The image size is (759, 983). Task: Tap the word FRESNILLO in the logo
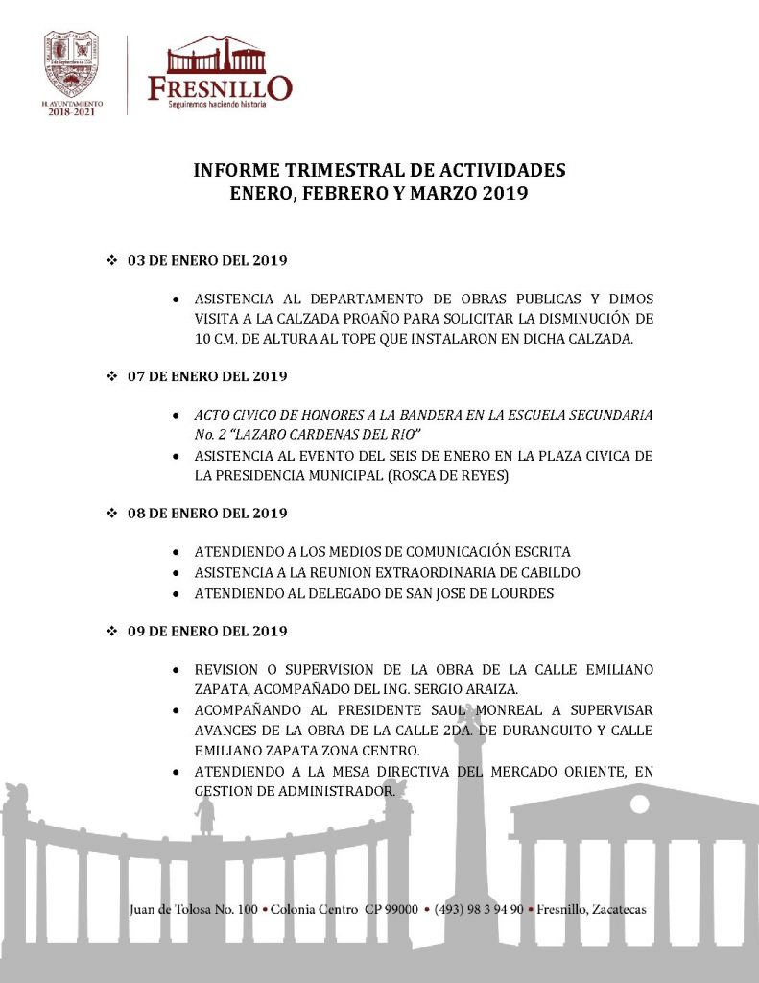click(220, 87)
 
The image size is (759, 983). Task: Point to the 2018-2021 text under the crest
click(72, 111)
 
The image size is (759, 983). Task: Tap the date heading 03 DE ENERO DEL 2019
click(207, 260)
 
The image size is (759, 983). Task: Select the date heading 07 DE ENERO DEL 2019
click(207, 375)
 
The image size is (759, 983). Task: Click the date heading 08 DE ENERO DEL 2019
click(207, 514)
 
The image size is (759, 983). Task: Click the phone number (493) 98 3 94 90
click(479, 909)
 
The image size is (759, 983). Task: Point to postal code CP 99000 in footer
click(391, 909)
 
